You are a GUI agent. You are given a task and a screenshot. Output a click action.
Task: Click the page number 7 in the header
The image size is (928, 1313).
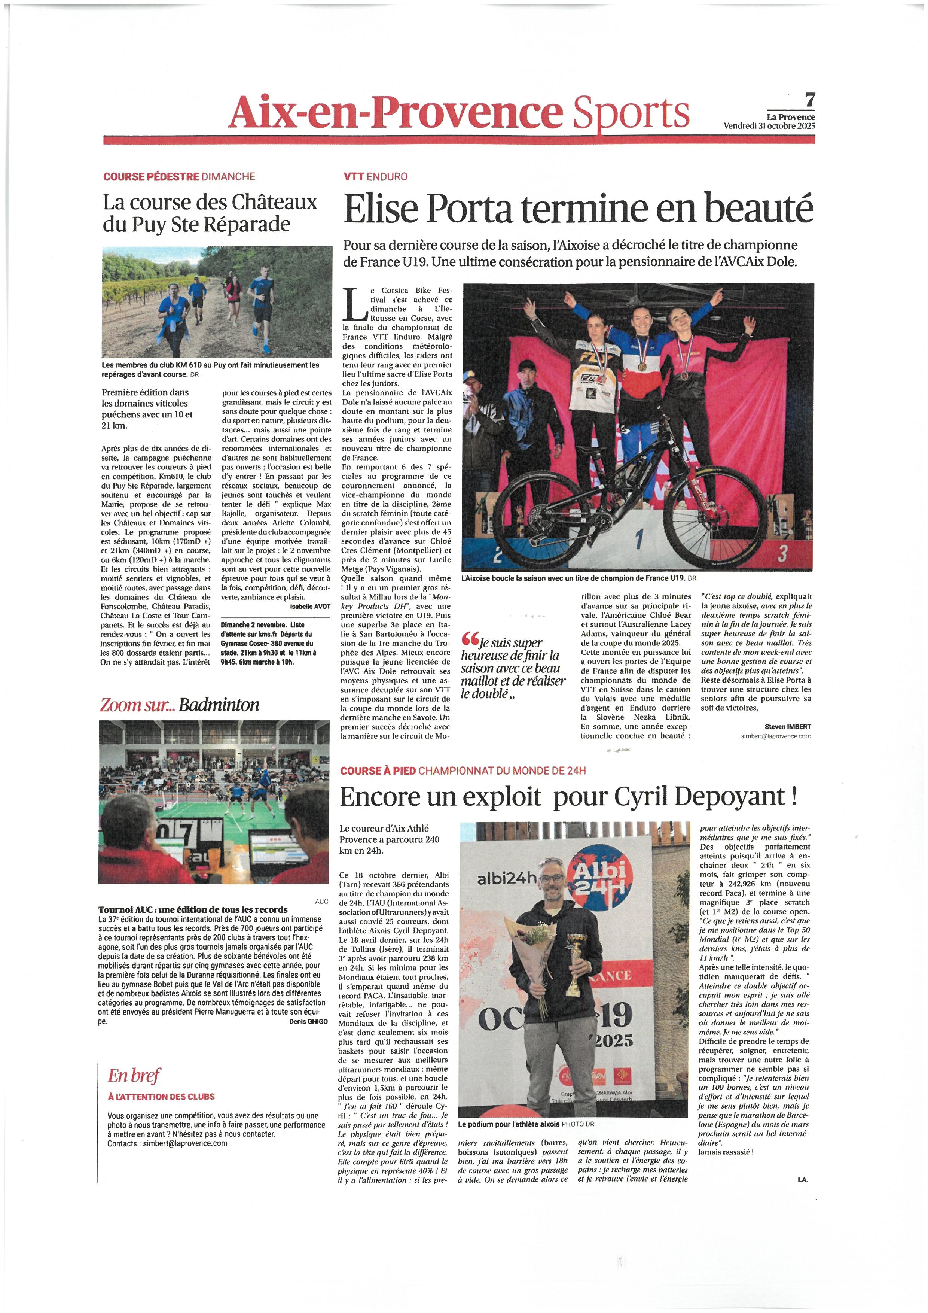[x=809, y=101]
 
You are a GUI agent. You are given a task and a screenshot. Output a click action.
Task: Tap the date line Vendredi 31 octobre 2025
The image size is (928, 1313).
[x=769, y=126]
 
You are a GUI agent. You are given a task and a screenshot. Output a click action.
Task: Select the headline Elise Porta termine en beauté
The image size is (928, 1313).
[x=578, y=209]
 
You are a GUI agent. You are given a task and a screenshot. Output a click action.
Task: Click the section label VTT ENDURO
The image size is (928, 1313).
[x=375, y=177]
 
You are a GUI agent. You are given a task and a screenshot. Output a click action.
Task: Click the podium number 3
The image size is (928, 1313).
[x=783, y=553]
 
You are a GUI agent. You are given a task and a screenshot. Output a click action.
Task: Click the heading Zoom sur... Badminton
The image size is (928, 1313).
[x=180, y=705]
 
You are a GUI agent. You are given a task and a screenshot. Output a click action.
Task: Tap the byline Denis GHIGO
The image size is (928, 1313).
[x=309, y=1022]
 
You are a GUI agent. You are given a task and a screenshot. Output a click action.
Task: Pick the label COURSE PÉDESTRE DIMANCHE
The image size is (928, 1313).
[x=179, y=177]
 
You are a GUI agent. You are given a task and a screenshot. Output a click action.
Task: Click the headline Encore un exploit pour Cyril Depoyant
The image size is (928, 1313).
[x=568, y=796]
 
